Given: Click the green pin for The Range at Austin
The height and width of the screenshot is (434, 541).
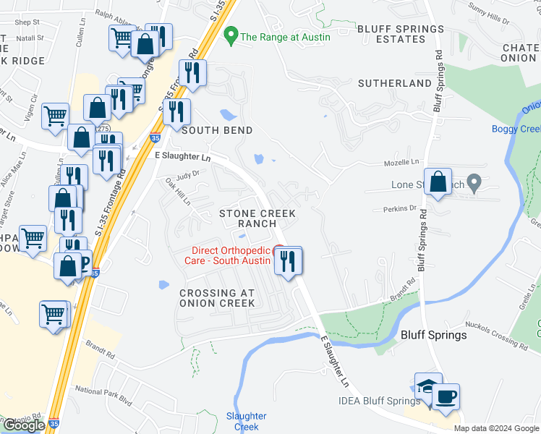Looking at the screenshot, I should (231, 34).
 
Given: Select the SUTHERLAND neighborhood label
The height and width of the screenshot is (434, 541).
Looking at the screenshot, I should (395, 84).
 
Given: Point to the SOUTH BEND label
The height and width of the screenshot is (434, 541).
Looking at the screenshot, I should (217, 131).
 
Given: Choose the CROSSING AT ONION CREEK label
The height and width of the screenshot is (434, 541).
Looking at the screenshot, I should (217, 298).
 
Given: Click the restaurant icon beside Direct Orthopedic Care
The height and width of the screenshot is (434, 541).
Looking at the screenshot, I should (289, 261).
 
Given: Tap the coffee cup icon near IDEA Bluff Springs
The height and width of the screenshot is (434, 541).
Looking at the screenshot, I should (446, 397).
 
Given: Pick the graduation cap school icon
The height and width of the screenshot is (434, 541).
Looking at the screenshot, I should (427, 386).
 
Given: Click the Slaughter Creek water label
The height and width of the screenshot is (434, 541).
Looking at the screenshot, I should (246, 421).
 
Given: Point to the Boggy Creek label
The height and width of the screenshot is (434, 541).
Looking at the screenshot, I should (516, 129).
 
